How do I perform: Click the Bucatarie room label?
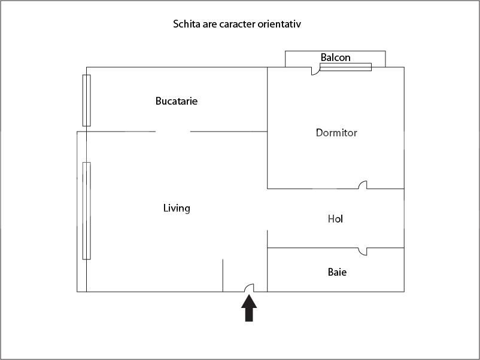tap(176, 101)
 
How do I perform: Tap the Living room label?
tap(177, 208)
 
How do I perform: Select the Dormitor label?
tap(336, 133)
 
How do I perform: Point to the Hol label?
tap(335, 219)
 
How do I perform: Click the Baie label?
tap(337, 272)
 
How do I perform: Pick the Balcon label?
tap(335, 58)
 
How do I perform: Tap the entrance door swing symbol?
tap(250, 288)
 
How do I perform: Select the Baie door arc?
tap(363, 252)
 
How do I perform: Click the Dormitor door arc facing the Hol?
tap(363, 185)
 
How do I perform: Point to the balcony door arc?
tap(315, 72)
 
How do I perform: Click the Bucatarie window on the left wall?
tap(86, 100)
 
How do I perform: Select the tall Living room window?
tap(86, 210)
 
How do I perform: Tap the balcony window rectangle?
tap(345, 67)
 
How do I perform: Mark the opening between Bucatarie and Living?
tap(174, 132)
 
